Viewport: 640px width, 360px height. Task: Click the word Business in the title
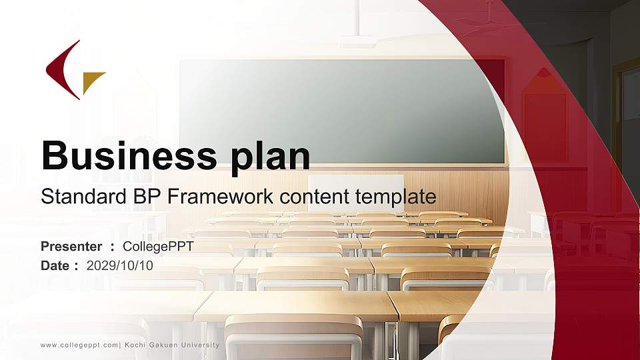coord(129,155)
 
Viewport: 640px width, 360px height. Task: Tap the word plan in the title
coord(270,157)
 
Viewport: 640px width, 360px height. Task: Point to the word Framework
coord(220,196)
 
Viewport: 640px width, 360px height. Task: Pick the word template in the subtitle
coord(395,197)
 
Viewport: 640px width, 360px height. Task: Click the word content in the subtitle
coord(314,197)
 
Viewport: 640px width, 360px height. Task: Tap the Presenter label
coord(71,247)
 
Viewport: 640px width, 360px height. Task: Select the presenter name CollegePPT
coord(158,247)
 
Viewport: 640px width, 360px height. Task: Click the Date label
coord(55,266)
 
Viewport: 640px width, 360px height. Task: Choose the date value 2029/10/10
coord(119,266)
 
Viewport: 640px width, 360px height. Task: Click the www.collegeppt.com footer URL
coord(79,345)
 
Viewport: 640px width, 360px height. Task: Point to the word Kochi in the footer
coord(134,345)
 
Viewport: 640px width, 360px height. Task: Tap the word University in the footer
coord(200,345)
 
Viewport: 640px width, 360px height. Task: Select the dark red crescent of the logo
coord(61,70)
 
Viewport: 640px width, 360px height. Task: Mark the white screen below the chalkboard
coord(356,193)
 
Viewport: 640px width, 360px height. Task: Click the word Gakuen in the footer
coord(163,345)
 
